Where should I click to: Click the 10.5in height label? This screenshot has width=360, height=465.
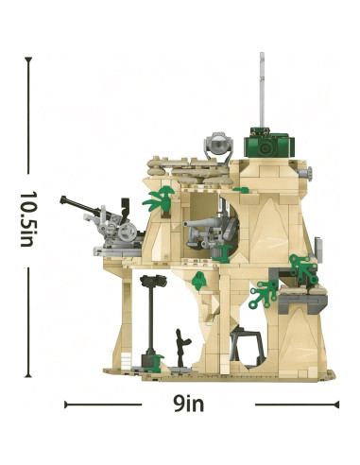click(x=26, y=219)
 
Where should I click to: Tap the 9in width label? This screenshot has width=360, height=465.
click(x=188, y=404)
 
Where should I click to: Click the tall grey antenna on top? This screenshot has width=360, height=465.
click(x=262, y=90)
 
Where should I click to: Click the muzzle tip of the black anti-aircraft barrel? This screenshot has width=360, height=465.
click(x=62, y=199)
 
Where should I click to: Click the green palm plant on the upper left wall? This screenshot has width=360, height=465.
click(x=159, y=198)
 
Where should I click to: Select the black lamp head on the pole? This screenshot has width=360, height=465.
click(x=153, y=281)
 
